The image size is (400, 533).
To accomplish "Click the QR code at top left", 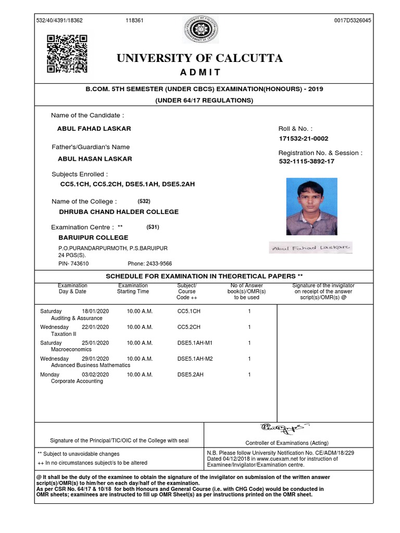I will point(67,54).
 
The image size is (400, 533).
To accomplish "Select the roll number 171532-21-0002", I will point(304,138).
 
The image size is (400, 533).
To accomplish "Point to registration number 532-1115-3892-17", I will point(307,162).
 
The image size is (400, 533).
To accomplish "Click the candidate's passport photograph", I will point(311,207).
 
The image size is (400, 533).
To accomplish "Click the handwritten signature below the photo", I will point(311,248).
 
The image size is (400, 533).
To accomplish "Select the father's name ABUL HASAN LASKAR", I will point(94,159).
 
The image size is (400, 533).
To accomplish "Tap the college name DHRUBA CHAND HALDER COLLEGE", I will point(119,212).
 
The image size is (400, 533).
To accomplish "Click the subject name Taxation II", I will point(64,334).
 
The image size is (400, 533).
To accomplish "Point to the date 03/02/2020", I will point(95,374).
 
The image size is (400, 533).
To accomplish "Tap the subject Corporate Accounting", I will point(77,381).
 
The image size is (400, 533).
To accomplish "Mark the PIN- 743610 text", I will point(73,264).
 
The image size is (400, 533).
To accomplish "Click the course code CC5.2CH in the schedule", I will point(189,327).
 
